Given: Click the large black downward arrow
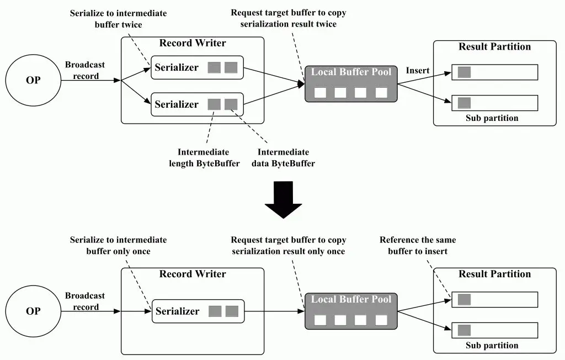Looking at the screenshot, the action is click(283, 199).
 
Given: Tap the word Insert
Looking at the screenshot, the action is click(418, 70).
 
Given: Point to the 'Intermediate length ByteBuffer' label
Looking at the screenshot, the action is click(204, 157).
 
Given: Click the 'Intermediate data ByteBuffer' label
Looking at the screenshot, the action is click(283, 157).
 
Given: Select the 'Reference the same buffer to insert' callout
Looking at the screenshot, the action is click(418, 245).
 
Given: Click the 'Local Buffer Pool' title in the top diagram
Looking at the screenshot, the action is click(351, 72).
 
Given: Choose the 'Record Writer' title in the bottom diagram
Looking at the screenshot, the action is click(193, 274).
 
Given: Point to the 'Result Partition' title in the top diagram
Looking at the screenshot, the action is click(494, 46).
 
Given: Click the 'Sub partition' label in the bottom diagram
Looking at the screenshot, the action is click(492, 345).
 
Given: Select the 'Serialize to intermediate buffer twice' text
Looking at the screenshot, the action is click(118, 19).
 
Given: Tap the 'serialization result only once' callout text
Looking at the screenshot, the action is click(288, 251).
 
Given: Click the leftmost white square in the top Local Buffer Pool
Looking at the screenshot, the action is click(320, 93).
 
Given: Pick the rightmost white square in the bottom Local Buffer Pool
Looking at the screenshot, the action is click(381, 320).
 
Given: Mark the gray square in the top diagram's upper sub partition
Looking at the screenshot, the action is click(464, 72).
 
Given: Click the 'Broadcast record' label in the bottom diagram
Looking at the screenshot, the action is click(85, 301).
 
